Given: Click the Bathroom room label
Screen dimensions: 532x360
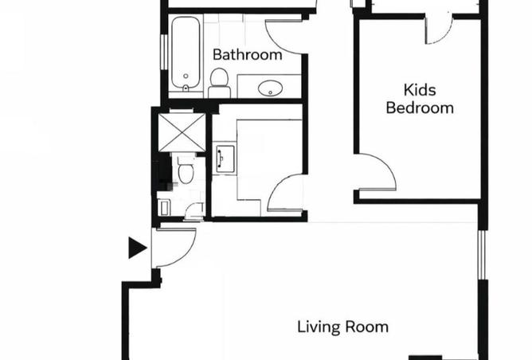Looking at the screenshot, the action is [248, 55].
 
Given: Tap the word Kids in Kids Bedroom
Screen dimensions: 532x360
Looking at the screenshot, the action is [420, 90].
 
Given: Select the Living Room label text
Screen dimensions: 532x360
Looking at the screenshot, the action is [342, 327].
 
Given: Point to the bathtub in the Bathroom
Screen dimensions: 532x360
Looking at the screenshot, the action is [186, 53].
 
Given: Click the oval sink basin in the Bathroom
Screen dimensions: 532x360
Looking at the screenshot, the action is [270, 88].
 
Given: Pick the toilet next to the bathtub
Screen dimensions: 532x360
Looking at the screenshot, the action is [219, 83].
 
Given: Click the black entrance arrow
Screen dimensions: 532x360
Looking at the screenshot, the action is [138, 248].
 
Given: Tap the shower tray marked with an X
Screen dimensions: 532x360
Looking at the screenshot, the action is [182, 133].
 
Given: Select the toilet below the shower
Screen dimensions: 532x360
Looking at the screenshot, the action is [186, 170].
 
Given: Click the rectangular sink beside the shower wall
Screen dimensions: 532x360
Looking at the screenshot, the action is [225, 156].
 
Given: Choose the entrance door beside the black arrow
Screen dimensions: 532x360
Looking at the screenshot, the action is [174, 248].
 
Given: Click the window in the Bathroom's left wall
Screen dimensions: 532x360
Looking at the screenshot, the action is [164, 52].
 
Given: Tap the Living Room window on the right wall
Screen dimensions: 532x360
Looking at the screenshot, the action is [482, 255].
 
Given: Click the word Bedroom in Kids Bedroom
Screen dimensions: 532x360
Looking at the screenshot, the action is [420, 108].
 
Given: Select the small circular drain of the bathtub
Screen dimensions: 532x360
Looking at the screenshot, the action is [186, 76].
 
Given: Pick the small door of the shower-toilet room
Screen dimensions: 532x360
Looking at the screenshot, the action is [194, 211].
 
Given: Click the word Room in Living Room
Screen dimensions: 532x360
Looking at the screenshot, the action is [367, 327].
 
